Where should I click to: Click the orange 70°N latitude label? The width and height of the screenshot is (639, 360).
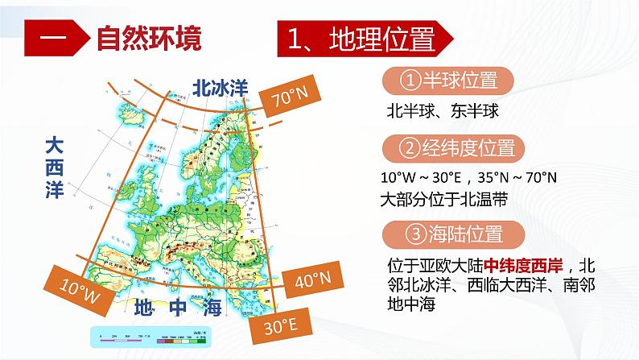(x=289, y=101)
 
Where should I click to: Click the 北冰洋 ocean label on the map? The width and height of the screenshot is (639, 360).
(x=218, y=88)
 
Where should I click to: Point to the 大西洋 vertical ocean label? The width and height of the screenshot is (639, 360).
(x=52, y=168)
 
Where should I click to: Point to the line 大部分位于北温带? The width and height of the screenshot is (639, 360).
(x=443, y=197)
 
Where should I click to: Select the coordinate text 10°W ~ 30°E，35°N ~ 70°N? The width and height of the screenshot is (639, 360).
(x=469, y=177)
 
